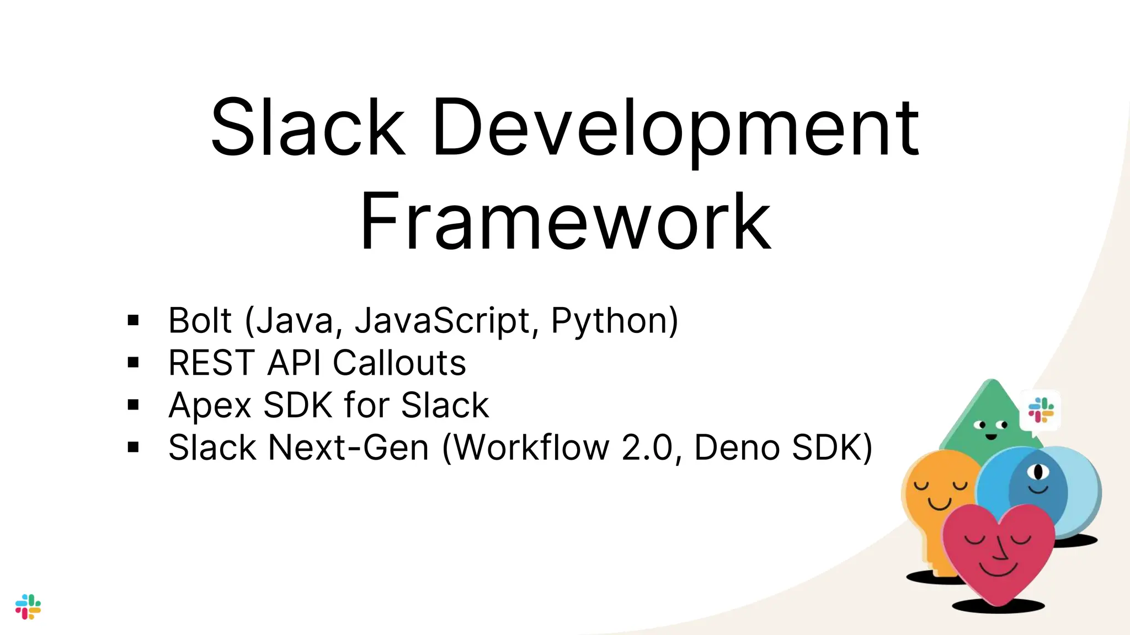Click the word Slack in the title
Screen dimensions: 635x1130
click(308, 128)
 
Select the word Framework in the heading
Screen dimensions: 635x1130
click(565, 222)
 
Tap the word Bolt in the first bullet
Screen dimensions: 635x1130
click(200, 320)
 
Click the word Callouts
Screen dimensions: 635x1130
click(399, 363)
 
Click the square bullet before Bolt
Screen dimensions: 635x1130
click(133, 320)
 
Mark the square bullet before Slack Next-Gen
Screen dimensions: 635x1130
click(133, 447)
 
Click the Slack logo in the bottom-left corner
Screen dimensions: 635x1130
click(28, 606)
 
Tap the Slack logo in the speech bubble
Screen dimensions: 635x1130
click(1041, 410)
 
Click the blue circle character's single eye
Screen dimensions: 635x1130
click(1038, 472)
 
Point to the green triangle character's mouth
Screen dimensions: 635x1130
click(991, 437)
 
